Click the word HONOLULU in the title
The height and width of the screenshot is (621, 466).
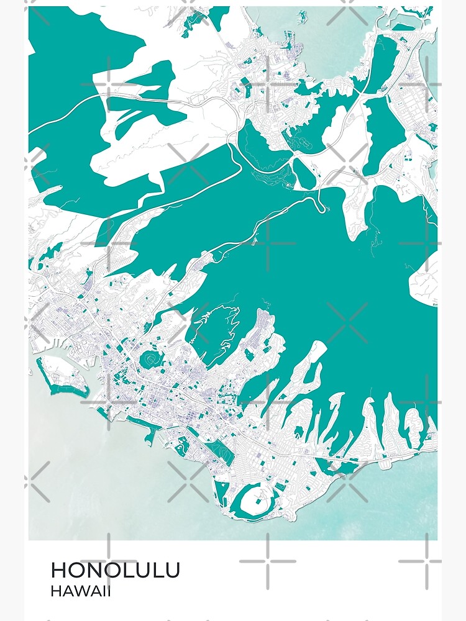[116, 570]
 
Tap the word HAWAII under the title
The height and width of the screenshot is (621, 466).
[81, 591]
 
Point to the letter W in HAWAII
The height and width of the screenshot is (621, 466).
[82, 591]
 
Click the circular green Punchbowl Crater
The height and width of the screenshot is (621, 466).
[151, 360]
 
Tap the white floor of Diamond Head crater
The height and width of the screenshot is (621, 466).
[257, 502]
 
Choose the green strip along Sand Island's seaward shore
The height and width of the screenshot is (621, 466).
[65, 389]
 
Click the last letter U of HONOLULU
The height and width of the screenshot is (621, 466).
[171, 570]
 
